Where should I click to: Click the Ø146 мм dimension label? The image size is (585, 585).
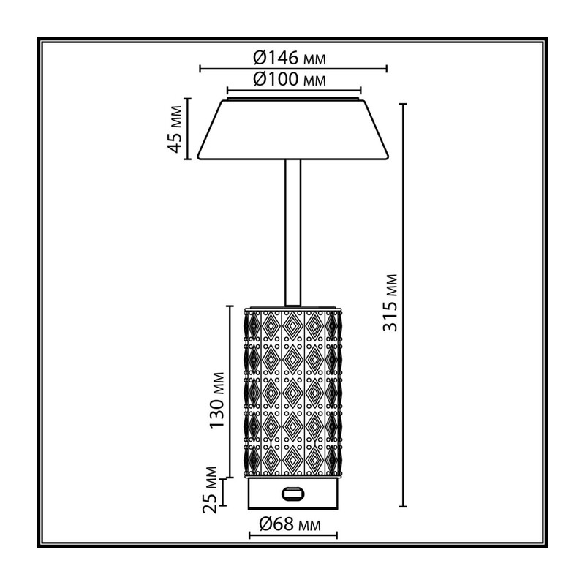[x=289, y=58]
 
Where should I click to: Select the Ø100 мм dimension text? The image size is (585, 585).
[x=289, y=79]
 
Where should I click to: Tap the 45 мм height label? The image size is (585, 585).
[x=175, y=129]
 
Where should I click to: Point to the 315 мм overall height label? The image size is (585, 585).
[x=390, y=303]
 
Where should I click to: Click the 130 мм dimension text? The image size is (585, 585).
[x=217, y=400]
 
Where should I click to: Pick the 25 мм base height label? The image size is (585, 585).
[x=210, y=490]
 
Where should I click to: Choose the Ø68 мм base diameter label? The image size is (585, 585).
[x=290, y=524]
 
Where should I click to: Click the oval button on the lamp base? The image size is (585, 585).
[x=293, y=494]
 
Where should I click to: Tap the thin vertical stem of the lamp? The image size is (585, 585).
[x=293, y=233]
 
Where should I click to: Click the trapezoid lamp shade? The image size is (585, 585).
[x=293, y=130]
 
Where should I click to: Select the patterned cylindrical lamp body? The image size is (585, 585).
[x=293, y=392]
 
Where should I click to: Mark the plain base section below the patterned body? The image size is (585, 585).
[x=293, y=494]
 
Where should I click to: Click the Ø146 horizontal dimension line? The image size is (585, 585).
[x=293, y=69]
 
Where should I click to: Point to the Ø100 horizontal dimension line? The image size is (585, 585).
[x=294, y=90]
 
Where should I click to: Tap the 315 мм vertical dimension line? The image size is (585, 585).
[x=403, y=305]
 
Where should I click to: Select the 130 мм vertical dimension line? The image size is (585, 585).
[x=230, y=392]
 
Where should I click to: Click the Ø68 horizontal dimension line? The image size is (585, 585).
[x=293, y=535]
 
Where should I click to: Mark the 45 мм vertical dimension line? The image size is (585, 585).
[x=188, y=129]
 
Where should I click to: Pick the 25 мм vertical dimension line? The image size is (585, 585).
[x=223, y=492]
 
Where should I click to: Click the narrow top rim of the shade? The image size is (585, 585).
[x=294, y=99]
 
